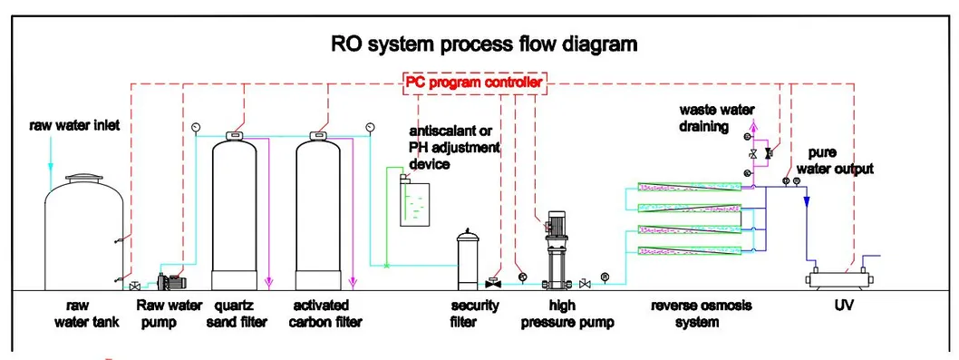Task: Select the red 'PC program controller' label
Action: point(473,83)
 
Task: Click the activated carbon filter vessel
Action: point(318,212)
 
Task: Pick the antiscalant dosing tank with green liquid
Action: point(415,202)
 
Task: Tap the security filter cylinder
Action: point(468,259)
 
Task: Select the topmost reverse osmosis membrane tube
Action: point(689,188)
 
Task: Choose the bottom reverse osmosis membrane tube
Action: point(689,250)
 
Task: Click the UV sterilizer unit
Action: point(838,278)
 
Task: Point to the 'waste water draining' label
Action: point(716,119)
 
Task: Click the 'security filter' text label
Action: point(475,313)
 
